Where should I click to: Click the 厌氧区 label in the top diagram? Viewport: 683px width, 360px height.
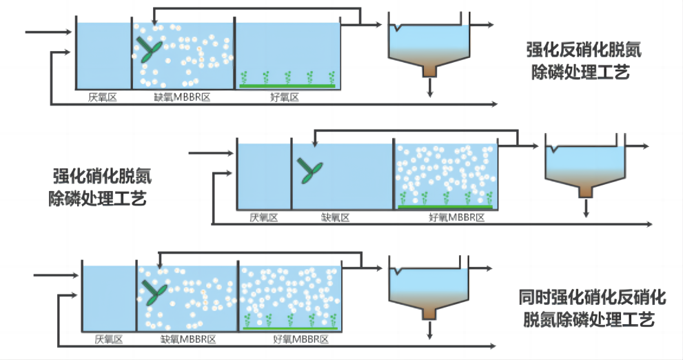103,97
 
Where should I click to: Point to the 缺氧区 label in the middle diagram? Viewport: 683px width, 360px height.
336,218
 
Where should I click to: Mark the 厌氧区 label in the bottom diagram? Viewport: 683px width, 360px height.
108,339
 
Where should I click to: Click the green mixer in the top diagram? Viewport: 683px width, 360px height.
150,49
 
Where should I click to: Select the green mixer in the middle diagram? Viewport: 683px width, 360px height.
310,169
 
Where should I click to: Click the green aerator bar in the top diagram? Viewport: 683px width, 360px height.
287,86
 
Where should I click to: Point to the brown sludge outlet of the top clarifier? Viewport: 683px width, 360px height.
431,70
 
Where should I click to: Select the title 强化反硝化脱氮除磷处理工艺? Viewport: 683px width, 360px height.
578,61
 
